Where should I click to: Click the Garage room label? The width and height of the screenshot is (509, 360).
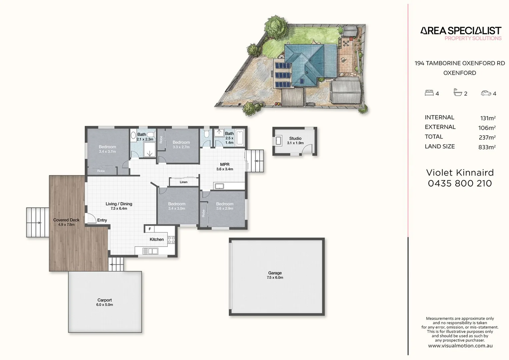275,273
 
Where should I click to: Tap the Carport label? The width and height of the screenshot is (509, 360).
105,300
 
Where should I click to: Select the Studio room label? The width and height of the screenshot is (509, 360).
295,138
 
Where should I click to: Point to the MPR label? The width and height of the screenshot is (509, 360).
225,164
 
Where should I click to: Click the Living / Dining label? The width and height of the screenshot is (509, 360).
119,204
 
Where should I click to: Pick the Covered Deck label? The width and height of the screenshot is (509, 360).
66,220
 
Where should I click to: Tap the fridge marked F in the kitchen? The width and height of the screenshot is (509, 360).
150,229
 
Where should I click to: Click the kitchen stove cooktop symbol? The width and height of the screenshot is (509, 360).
171,240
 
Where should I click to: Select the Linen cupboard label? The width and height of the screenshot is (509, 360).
184,182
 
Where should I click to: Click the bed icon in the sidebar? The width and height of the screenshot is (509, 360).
429,93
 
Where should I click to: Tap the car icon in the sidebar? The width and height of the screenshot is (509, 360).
486,93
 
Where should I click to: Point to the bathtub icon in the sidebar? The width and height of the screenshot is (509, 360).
458,92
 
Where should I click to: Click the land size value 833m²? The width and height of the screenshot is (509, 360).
487,147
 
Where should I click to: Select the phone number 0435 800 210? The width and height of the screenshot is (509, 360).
460,183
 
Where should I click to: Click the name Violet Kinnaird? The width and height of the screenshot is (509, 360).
460,173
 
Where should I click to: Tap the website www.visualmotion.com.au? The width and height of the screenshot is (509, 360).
460,346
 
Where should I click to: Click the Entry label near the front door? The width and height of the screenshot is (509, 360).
102,220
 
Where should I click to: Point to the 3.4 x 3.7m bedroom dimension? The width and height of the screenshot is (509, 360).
107,151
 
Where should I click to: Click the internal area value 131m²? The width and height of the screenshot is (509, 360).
488,118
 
